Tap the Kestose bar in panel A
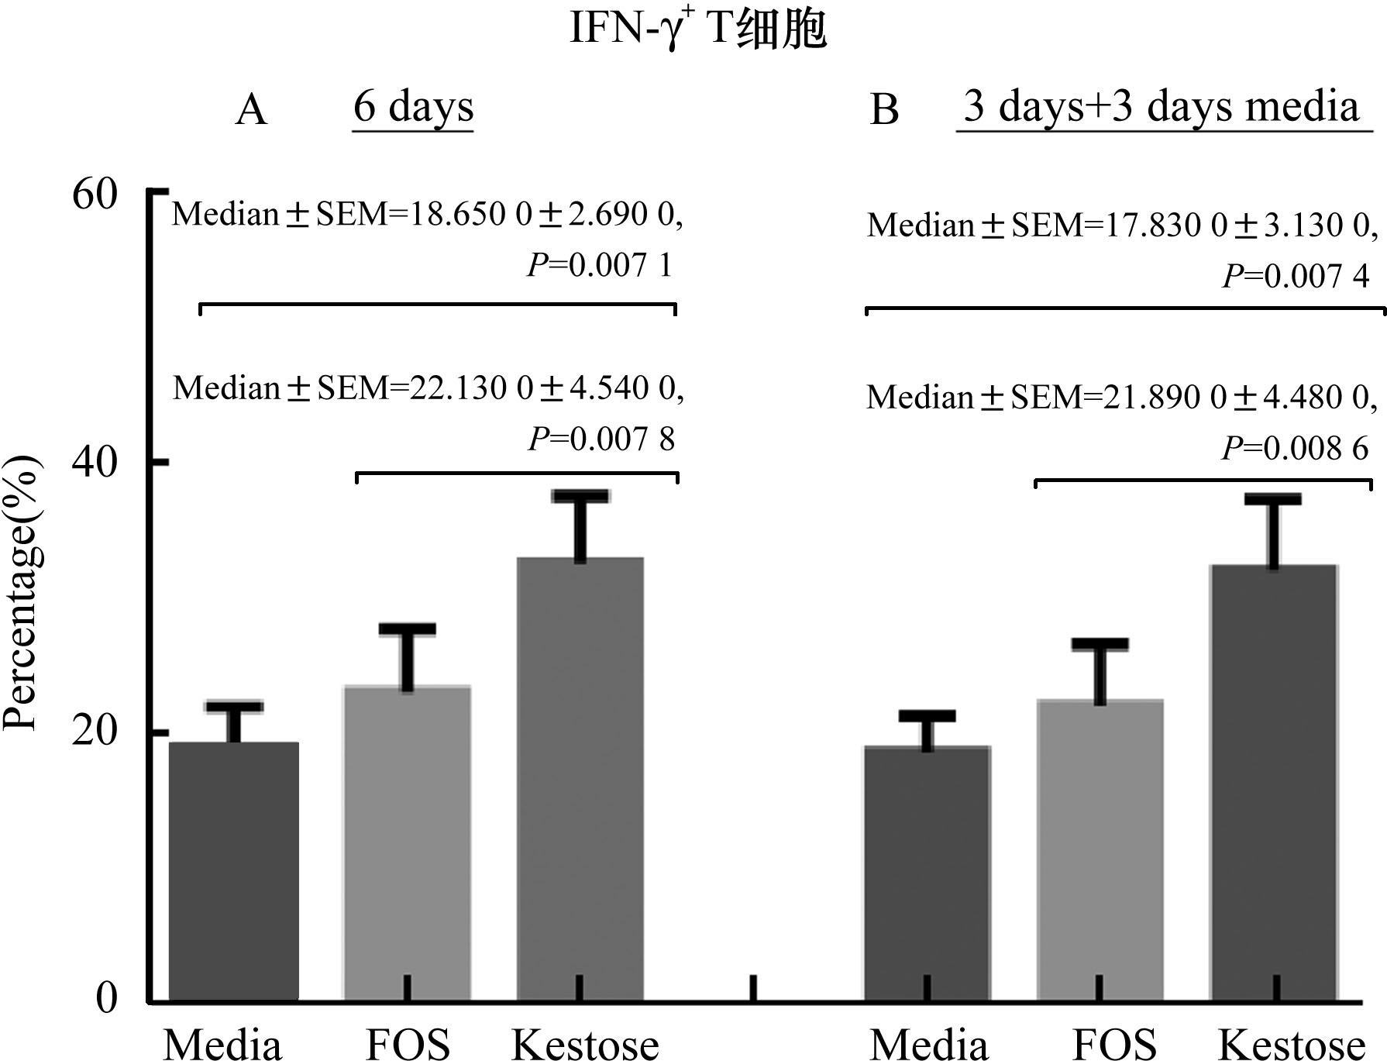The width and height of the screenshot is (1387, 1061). click(x=580, y=779)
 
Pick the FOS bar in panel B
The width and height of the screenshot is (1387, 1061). click(x=1100, y=849)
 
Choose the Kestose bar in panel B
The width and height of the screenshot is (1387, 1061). click(x=1273, y=783)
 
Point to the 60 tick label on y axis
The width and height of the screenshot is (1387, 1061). click(x=95, y=194)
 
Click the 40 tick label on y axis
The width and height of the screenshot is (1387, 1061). click(x=95, y=463)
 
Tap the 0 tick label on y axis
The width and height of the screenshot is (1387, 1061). click(x=106, y=999)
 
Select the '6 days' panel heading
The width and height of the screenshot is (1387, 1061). click(x=413, y=107)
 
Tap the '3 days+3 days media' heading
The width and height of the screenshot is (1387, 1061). click(x=1161, y=107)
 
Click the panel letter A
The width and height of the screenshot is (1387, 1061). click(x=251, y=110)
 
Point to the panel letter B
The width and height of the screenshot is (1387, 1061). click(x=884, y=110)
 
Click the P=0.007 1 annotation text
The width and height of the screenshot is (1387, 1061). click(x=601, y=266)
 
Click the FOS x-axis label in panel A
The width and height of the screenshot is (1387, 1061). click(x=408, y=1045)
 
